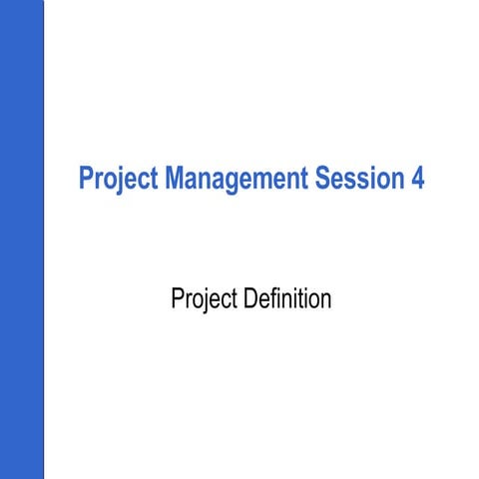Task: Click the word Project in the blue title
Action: [117, 180]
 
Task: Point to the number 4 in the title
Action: [416, 180]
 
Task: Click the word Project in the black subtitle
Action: [206, 299]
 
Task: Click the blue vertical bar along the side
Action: [22, 239]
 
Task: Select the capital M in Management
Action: [171, 180]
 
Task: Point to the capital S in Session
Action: [322, 180]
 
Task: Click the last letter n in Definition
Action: [325, 300]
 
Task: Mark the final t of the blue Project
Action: [153, 180]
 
